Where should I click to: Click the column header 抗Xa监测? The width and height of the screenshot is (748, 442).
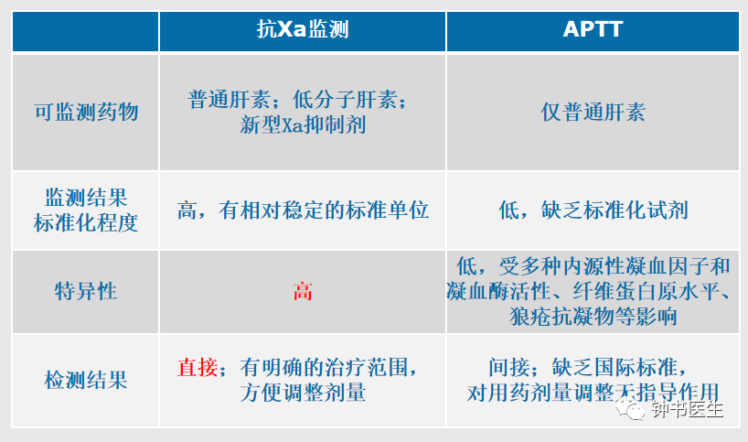pyautogui.click(x=303, y=29)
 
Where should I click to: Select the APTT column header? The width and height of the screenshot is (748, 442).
pyautogui.click(x=593, y=29)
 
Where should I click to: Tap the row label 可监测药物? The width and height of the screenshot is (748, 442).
pyautogui.click(x=86, y=113)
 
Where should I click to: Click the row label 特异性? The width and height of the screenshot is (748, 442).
pyautogui.click(x=86, y=291)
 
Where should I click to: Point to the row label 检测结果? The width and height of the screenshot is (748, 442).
pyautogui.click(x=86, y=380)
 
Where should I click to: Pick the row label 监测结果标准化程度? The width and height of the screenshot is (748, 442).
pyautogui.click(x=86, y=210)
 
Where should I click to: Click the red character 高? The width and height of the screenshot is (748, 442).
pyautogui.click(x=303, y=291)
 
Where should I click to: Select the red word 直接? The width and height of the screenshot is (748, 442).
pyautogui.click(x=198, y=368)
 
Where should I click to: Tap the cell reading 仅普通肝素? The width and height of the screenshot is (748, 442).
pyautogui.click(x=593, y=113)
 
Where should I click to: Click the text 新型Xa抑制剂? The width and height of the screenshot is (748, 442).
pyautogui.click(x=303, y=125)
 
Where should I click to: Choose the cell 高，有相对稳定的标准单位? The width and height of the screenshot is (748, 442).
pyautogui.click(x=303, y=210)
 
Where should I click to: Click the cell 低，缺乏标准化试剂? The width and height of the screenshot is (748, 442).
pyautogui.click(x=593, y=210)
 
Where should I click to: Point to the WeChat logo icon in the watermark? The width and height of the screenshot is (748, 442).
pyautogui.click(x=630, y=410)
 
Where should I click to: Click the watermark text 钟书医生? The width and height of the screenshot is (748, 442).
pyautogui.click(x=688, y=410)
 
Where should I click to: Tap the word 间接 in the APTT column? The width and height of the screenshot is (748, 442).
pyautogui.click(x=509, y=368)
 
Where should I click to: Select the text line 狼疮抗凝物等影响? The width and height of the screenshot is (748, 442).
pyautogui.click(x=593, y=316)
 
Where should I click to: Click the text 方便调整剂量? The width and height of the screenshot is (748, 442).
pyautogui.click(x=303, y=393)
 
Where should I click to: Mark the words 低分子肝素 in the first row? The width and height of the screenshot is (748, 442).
pyautogui.click(x=345, y=100)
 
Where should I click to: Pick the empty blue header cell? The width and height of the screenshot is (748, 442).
pyautogui.click(x=85, y=31)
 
